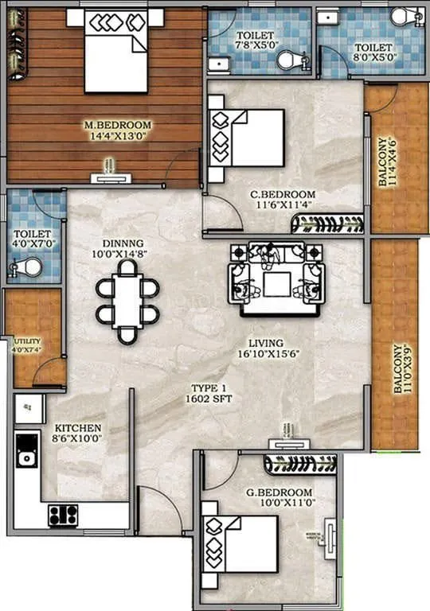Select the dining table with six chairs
pos(127,301)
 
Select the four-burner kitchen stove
pos(63,515)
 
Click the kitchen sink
pos(28,457)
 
